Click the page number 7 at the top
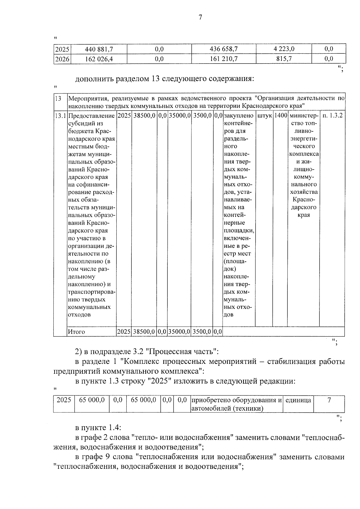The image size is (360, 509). pyautogui.click(x=200, y=17)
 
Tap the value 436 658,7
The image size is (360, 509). pyautogui.click(x=223, y=49)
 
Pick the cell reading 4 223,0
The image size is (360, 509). pyautogui.click(x=284, y=49)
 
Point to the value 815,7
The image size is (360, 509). pyautogui.click(x=284, y=59)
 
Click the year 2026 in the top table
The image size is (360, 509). pyautogui.click(x=62, y=59)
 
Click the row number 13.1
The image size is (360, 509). pyautogui.click(x=61, y=116)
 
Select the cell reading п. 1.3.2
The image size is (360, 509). pyautogui.click(x=332, y=115)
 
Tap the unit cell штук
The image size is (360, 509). pyautogui.click(x=264, y=115)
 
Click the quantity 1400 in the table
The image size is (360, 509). pyautogui.click(x=280, y=115)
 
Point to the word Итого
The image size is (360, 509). pyautogui.click(x=76, y=332)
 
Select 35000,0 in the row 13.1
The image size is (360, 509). pyautogui.click(x=179, y=115)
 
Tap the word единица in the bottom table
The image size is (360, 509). pyautogui.click(x=298, y=400)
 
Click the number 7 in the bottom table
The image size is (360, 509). pyautogui.click(x=329, y=400)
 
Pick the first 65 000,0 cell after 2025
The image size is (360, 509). pyautogui.click(x=92, y=400)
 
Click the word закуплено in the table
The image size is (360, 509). pyautogui.click(x=238, y=115)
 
